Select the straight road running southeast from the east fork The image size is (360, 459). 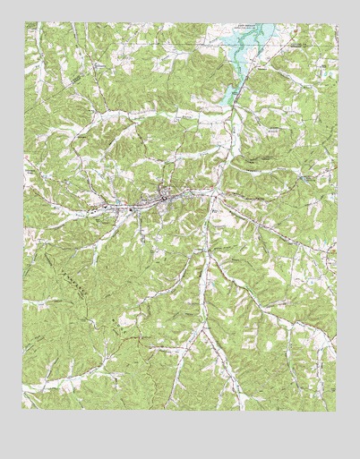click(x=269, y=224)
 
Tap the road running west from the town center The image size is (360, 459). click(x=116, y=208)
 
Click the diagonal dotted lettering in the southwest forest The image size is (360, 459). click(x=85, y=300)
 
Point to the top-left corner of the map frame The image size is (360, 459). click(x=23, y=25)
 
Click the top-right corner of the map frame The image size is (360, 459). click(x=338, y=25)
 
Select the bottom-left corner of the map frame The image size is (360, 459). click(x=23, y=408)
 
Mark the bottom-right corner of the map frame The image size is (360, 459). click(x=338, y=408)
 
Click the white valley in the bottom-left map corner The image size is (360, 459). click(x=45, y=389)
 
